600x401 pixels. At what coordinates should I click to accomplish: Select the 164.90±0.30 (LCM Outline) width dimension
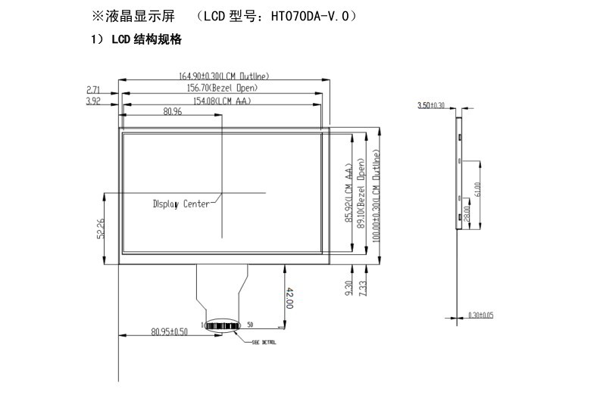[x=223, y=76]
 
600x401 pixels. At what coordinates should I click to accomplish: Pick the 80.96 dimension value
[x=173, y=112]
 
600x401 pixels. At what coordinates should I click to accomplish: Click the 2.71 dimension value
[x=94, y=89]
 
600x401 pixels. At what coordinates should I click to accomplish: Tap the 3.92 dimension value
[x=94, y=100]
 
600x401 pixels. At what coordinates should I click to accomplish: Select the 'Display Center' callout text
[x=181, y=204]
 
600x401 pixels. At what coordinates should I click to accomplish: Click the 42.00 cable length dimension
[x=289, y=297]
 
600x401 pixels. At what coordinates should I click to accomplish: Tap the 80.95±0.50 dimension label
[x=168, y=331]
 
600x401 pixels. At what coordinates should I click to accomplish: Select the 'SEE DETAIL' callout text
[x=264, y=343]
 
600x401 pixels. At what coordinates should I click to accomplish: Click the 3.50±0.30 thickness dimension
[x=431, y=105]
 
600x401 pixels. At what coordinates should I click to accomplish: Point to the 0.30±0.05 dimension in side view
[x=480, y=315]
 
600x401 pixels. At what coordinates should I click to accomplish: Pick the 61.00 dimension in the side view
[x=477, y=187]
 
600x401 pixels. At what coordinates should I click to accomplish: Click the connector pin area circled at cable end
[x=225, y=326]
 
